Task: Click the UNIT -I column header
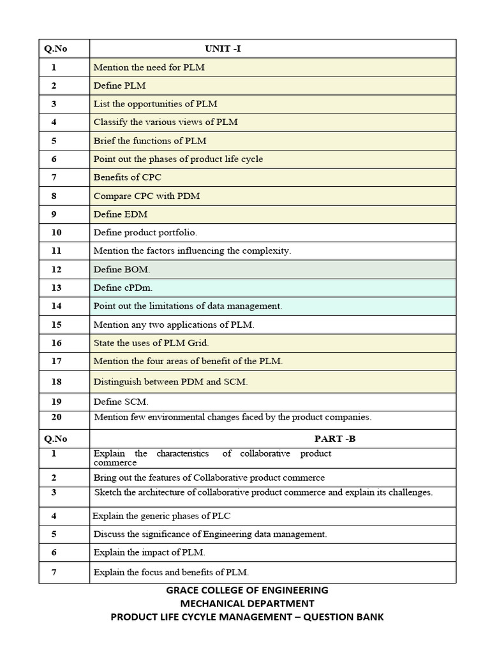[223, 48]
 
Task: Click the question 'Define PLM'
[119, 85]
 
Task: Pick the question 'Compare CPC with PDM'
[146, 196]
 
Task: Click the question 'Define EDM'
[121, 214]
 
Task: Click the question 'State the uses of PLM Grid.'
[151, 343]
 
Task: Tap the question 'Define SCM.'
[121, 402]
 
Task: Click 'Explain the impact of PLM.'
[149, 552]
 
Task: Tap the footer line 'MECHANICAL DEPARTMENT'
[247, 603]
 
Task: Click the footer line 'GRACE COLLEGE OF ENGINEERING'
[247, 590]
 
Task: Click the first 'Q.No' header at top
[56, 48]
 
